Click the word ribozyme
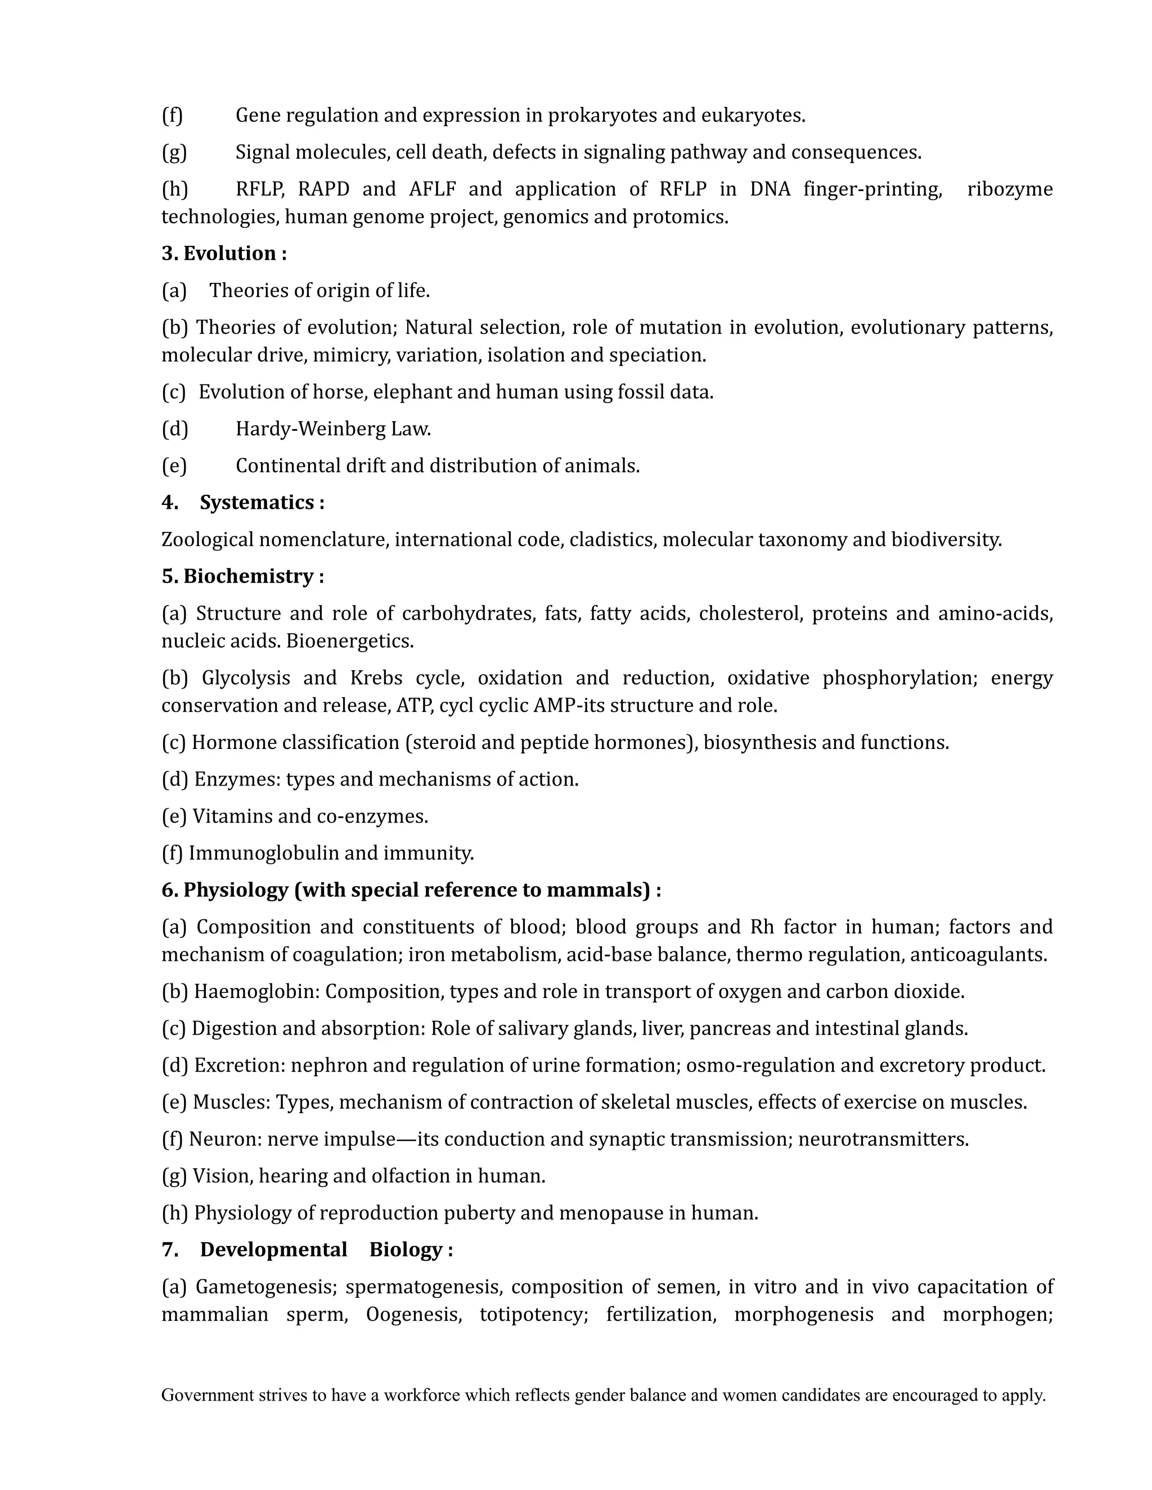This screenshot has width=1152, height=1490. [1009, 189]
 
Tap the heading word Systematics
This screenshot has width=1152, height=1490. [256, 503]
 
